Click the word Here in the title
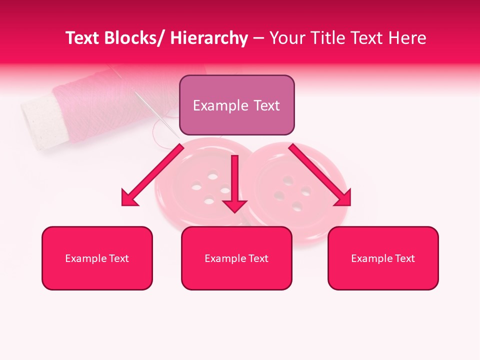406,38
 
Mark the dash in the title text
258,39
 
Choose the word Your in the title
287,38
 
